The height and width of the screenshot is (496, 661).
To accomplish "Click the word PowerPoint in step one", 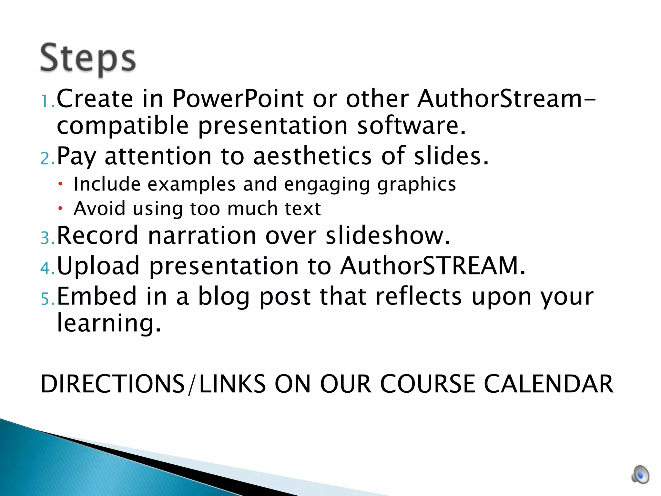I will [x=238, y=98].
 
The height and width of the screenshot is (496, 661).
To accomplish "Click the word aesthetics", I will [x=312, y=156].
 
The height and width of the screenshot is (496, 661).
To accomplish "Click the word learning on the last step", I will [x=108, y=323].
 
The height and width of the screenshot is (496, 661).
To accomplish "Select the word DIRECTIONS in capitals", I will [x=113, y=384].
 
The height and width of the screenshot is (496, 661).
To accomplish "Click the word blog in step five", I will [x=224, y=297].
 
